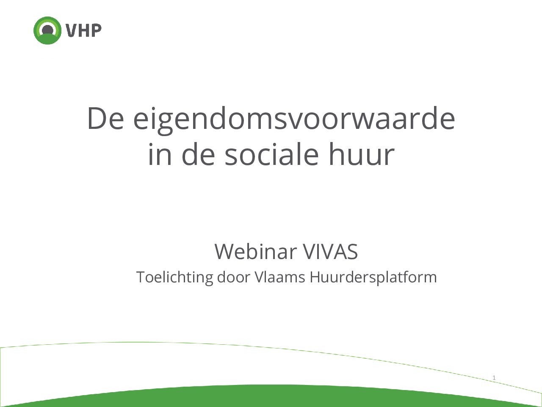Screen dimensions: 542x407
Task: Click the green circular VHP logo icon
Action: click(x=47, y=31)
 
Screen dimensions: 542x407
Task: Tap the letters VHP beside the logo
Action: click(x=83, y=31)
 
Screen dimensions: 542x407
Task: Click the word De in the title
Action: click(x=105, y=119)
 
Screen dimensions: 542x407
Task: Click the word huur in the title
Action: click(x=362, y=154)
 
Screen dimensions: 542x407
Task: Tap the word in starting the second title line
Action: click(x=160, y=154)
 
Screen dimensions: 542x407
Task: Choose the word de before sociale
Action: click(x=198, y=154)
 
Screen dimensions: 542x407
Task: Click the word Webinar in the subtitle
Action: click(x=256, y=251)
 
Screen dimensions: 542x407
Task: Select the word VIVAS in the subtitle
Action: click(x=330, y=252)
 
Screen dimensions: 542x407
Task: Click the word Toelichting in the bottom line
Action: click(x=174, y=278)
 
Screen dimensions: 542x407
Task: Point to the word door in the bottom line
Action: click(x=234, y=277)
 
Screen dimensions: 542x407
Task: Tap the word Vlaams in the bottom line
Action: click(x=280, y=277)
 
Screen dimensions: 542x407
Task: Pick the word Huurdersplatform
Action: click(x=373, y=278)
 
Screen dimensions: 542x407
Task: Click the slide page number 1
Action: click(x=494, y=377)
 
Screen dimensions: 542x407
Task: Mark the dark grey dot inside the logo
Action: click(x=47, y=31)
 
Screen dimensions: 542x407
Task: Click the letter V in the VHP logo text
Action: click(x=71, y=31)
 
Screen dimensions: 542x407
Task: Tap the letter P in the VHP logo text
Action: click(x=96, y=31)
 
